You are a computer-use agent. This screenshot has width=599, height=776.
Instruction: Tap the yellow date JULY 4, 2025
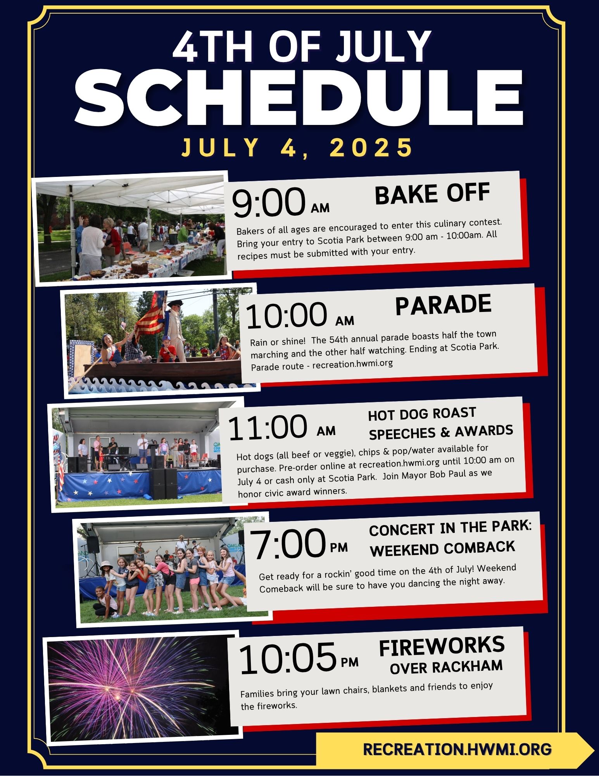pos(297,147)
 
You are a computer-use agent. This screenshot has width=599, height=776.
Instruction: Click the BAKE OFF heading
pos(432,194)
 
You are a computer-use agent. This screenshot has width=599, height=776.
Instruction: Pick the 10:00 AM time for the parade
pos(300,315)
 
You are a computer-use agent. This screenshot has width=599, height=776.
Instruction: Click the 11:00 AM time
pos(281,428)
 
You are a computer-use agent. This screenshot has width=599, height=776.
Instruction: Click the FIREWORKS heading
pos(442,646)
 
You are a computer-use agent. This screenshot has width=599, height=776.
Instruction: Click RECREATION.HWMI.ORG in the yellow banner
pos(457,749)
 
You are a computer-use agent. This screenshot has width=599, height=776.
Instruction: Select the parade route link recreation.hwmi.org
pos(352,364)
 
